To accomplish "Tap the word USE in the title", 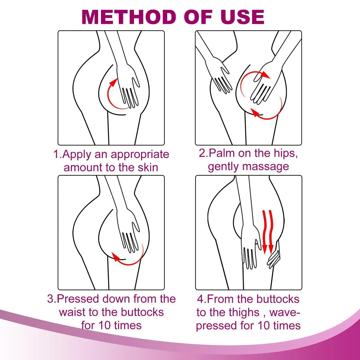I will tap(242, 17).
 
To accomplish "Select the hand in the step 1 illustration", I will tap(128, 83).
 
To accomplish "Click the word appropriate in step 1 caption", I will tap(140, 154).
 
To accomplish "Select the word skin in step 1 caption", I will tap(147, 168).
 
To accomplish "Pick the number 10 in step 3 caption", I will tap(104, 325).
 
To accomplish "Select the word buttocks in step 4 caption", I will tap(278, 299).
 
